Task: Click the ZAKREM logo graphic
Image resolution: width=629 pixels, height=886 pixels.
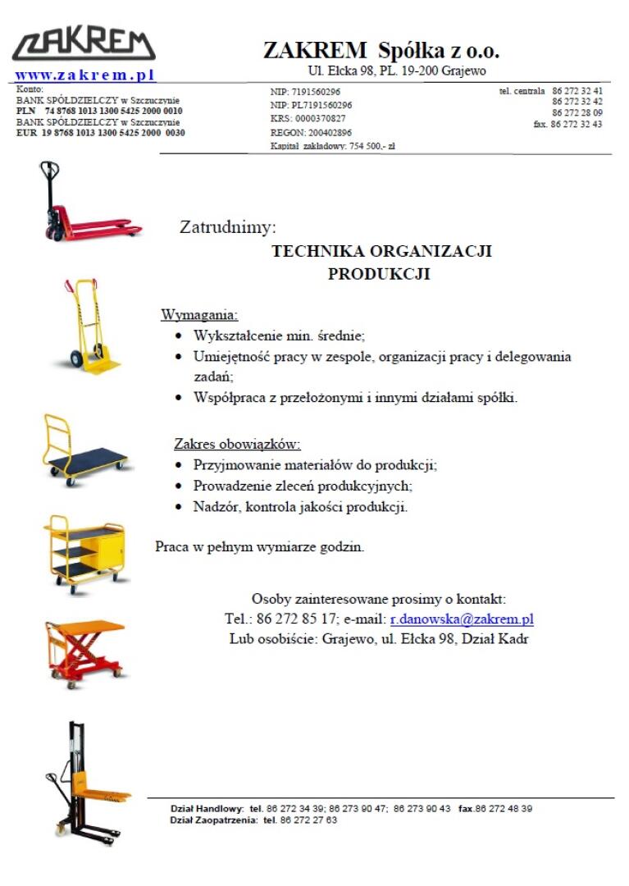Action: [84, 45]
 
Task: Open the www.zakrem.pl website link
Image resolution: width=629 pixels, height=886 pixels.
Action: [85, 75]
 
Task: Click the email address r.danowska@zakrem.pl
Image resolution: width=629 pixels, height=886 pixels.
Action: [462, 619]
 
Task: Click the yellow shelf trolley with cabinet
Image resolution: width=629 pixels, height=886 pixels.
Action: [85, 552]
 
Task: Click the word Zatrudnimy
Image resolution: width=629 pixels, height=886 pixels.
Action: [228, 227]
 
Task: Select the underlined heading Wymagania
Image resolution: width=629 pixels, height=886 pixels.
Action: [199, 315]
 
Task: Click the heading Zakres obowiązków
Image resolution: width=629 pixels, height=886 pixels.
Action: [237, 445]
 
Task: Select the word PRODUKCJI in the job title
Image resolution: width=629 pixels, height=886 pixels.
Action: [379, 274]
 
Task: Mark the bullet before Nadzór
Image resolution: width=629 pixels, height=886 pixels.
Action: [180, 506]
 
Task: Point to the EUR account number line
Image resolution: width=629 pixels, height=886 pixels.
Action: [101, 132]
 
